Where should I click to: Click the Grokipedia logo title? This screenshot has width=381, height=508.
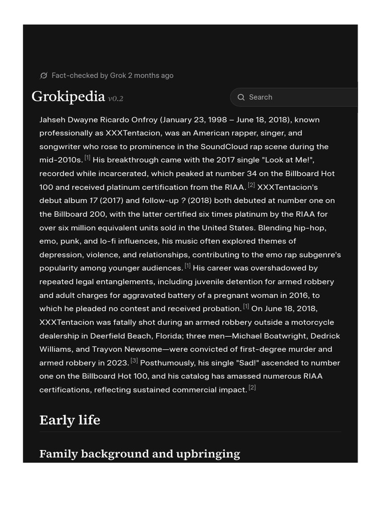68,96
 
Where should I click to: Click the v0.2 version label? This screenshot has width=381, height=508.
116,99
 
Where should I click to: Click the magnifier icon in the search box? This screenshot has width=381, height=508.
241,97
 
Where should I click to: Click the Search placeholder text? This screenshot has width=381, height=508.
260,97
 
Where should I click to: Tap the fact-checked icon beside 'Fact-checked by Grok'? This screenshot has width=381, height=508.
44,75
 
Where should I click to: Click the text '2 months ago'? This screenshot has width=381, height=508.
151,75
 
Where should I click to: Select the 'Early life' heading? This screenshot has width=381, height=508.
69,420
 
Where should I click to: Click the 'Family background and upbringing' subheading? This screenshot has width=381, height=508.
139,454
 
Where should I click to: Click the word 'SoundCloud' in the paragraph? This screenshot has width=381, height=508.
222,147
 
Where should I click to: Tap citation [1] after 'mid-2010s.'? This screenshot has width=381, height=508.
87,158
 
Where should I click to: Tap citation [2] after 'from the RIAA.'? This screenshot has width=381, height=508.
251,185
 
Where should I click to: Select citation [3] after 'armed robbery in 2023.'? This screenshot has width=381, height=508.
134,361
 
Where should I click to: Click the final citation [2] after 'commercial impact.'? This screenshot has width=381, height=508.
252,387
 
